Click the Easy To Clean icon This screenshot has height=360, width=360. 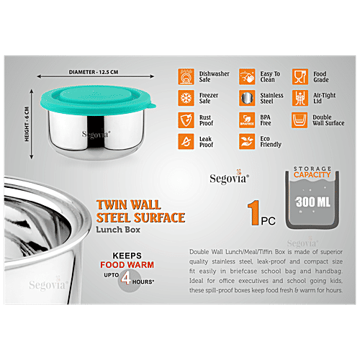[x=244, y=77]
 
